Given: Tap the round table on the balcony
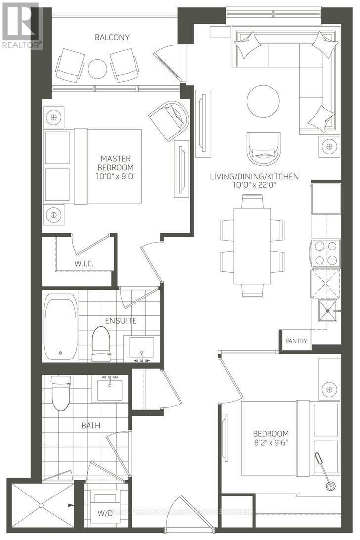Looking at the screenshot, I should tap(97, 69).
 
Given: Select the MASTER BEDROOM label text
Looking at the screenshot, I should tap(115, 163).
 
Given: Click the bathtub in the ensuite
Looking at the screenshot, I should tap(60, 327).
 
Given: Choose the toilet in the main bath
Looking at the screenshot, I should tap(61, 394).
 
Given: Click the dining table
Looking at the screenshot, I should tap(253, 245).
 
